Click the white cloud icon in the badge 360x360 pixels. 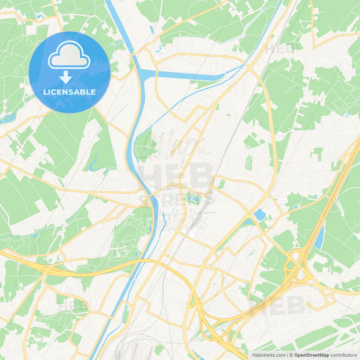click(x=69, y=58)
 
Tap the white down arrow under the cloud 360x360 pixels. click(x=69, y=76)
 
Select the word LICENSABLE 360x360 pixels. click(x=69, y=90)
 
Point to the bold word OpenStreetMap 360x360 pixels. click(x=311, y=354)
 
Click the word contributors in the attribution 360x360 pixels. click(x=344, y=354)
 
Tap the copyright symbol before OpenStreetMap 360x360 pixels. click(x=290, y=354)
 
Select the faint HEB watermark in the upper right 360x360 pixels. click(x=278, y=49)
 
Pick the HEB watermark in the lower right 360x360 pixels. click(x=277, y=305)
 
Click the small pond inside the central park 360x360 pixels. click(x=192, y=198)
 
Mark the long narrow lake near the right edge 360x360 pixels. click(x=319, y=237)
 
